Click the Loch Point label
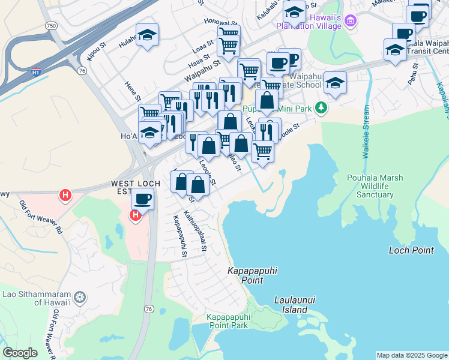coord(411,250)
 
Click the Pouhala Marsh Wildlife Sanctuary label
coord(375,186)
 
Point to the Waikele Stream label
coord(365,132)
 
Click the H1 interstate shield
coord(36,71)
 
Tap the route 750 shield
coord(52,25)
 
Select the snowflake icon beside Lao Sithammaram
coord(79,297)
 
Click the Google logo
coord(20,353)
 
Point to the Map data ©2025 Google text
coord(411,355)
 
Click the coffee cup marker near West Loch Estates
coord(142,199)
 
